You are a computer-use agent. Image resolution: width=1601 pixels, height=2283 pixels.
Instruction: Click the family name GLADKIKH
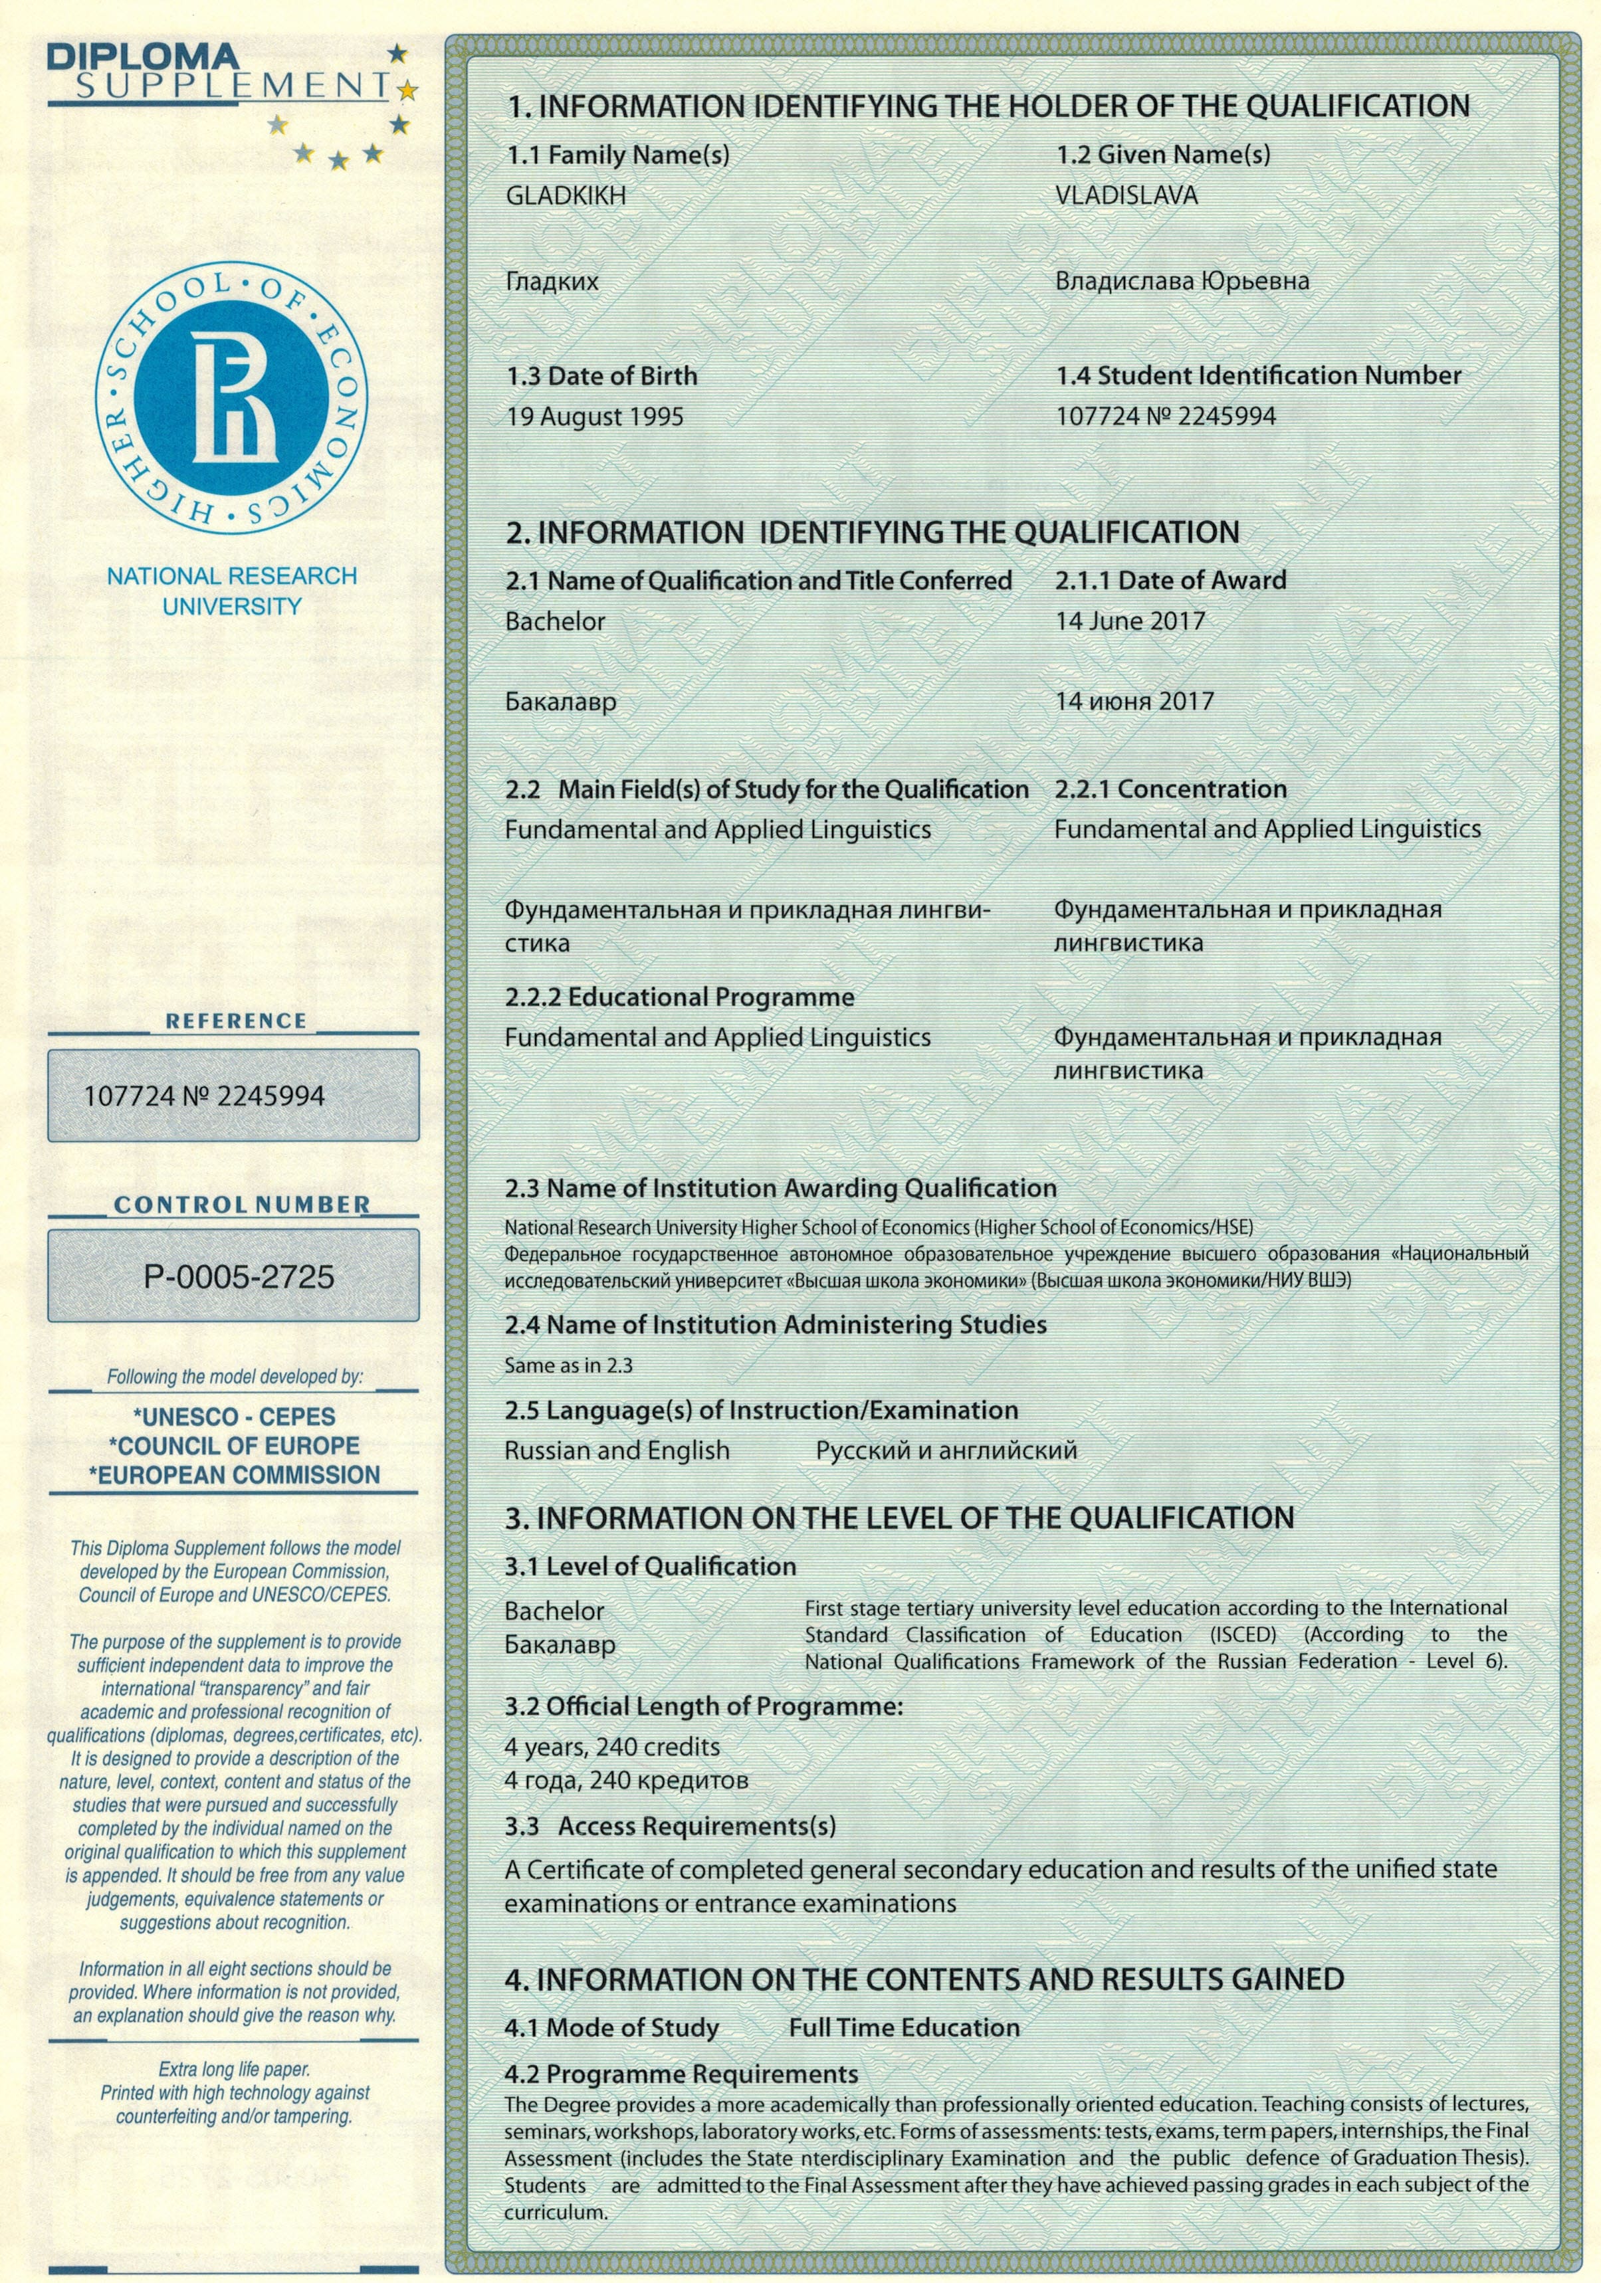tap(566, 196)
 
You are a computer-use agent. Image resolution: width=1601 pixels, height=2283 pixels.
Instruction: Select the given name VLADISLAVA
tap(1126, 196)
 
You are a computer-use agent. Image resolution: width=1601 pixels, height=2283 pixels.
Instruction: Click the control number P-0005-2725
tap(239, 1276)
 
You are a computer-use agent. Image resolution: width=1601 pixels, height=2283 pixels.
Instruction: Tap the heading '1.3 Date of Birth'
tap(601, 376)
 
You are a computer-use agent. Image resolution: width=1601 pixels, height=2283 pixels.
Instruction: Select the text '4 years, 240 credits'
tap(611, 1746)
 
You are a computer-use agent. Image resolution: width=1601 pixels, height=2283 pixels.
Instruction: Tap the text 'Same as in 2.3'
tap(568, 1365)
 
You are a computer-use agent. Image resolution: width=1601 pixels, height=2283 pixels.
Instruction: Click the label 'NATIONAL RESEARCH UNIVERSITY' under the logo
tap(232, 591)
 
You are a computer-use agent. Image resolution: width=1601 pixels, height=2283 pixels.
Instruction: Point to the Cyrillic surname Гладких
tap(552, 282)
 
